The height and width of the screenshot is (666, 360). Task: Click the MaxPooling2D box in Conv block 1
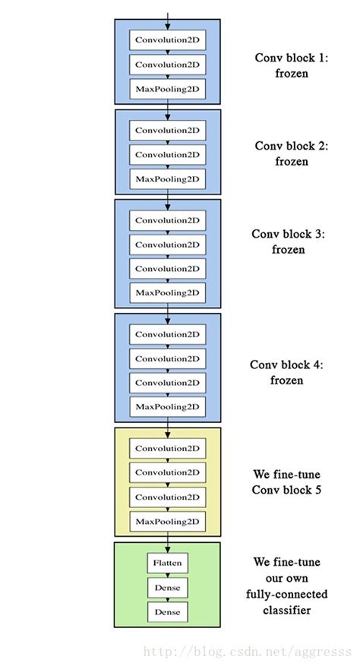click(x=167, y=89)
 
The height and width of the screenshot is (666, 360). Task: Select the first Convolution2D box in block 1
click(x=167, y=39)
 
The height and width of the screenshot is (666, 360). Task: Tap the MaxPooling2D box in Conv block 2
click(x=167, y=179)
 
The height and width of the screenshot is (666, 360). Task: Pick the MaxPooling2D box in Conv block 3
click(x=167, y=292)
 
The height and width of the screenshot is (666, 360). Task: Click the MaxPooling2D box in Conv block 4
click(x=167, y=406)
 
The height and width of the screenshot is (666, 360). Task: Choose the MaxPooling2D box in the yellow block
click(x=167, y=521)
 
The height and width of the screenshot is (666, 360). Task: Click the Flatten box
click(x=167, y=563)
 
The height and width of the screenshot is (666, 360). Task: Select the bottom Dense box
click(x=167, y=611)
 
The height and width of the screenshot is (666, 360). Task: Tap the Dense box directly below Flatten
click(x=167, y=587)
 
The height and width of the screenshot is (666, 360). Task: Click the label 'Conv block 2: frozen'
click(x=291, y=153)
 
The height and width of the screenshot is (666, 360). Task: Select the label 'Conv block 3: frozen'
click(x=288, y=241)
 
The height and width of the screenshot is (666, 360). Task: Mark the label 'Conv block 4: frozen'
click(x=286, y=372)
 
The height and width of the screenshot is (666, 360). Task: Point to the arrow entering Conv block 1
click(x=167, y=12)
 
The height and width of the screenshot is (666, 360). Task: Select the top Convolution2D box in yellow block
click(x=167, y=448)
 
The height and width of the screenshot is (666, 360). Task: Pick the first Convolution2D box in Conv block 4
click(x=167, y=333)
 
